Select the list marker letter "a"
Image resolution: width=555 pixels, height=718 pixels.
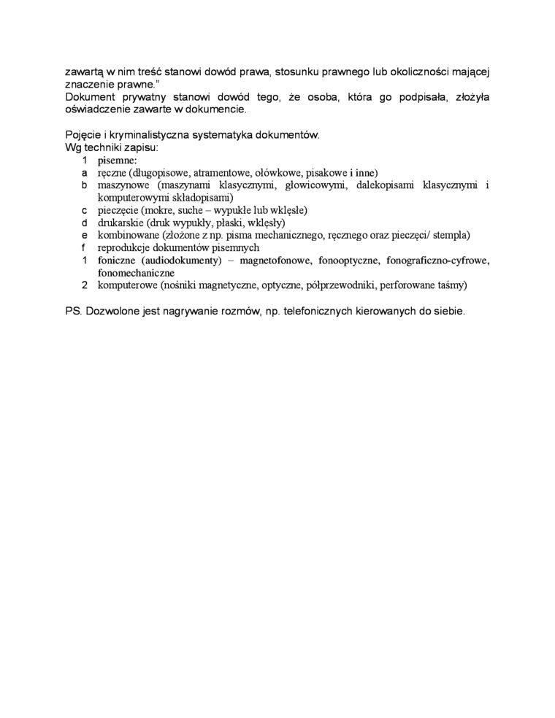tap(85, 173)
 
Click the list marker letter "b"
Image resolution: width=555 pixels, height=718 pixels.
tap(85, 185)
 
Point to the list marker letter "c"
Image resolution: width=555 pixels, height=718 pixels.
tap(85, 210)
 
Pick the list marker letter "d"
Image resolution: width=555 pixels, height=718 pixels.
tap(85, 223)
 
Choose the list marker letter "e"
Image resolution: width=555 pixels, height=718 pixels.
tap(85, 235)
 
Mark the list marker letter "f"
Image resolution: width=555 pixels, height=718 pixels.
tap(85, 247)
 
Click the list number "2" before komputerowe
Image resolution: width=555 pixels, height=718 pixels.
tap(85, 285)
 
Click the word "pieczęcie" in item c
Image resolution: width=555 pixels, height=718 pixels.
tap(118, 210)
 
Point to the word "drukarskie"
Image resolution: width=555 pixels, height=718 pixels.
tap(120, 223)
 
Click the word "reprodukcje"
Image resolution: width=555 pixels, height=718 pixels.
tap(123, 247)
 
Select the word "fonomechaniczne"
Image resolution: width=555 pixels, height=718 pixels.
tap(135, 272)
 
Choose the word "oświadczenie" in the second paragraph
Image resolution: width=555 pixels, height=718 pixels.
tap(100, 109)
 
